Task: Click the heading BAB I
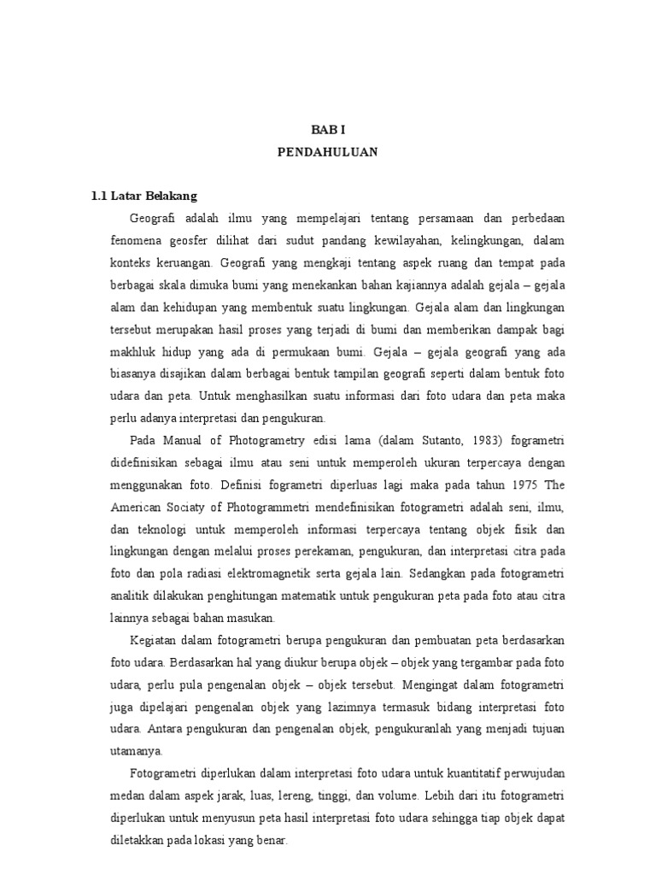click(x=328, y=130)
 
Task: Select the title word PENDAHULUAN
click(x=328, y=152)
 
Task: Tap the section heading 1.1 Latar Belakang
click(x=144, y=197)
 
